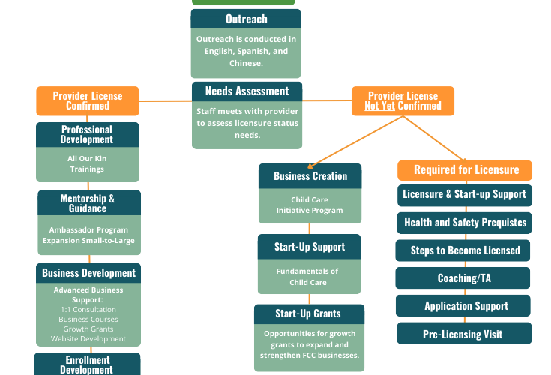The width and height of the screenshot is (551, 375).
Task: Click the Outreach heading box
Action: (x=246, y=19)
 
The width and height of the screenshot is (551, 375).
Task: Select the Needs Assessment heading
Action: (x=247, y=91)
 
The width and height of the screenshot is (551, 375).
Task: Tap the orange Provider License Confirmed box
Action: (x=88, y=100)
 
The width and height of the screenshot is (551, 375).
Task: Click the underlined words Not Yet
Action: (x=379, y=106)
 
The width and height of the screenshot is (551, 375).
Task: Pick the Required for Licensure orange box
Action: (x=465, y=170)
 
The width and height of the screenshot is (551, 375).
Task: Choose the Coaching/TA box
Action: (x=463, y=278)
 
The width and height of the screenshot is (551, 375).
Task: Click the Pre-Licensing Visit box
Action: (x=464, y=334)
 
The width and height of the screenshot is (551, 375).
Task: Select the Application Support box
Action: (x=463, y=306)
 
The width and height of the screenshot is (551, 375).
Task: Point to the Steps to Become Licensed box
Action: (x=463, y=250)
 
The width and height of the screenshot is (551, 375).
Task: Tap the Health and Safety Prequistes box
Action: (x=464, y=223)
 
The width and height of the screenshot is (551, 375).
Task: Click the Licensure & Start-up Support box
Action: (x=465, y=196)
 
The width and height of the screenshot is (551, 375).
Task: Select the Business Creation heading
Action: (x=310, y=176)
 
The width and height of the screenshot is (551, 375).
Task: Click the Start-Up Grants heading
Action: (x=309, y=313)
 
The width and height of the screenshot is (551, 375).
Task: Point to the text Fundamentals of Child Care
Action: (x=307, y=277)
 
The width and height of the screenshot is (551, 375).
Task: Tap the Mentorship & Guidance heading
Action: (x=89, y=202)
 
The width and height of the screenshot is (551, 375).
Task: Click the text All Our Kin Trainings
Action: (x=87, y=163)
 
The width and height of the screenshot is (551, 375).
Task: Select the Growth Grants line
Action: (x=88, y=329)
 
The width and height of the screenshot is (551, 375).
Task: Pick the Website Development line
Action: (x=88, y=339)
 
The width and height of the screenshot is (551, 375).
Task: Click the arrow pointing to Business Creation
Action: (x=355, y=142)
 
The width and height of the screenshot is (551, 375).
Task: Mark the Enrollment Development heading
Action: (x=87, y=364)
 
